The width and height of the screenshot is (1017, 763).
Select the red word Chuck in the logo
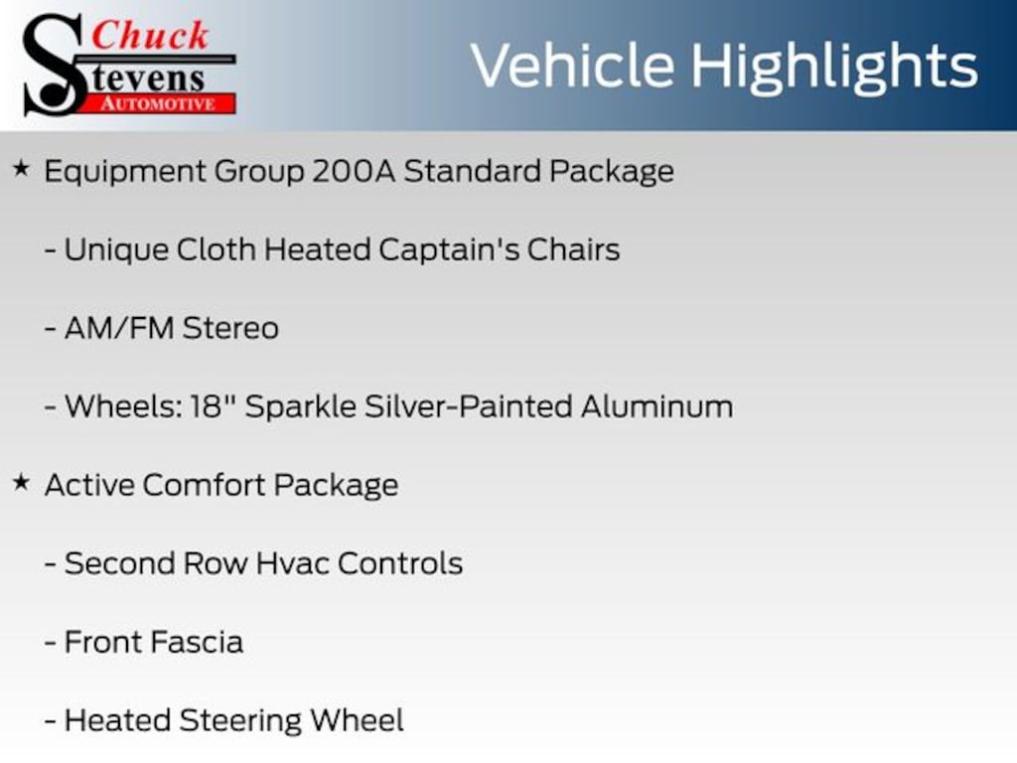coord(151,36)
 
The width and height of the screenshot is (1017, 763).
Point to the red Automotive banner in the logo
coord(165,103)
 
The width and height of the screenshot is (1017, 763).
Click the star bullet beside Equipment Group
coord(21,169)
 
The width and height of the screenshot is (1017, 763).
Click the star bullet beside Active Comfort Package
coord(21,484)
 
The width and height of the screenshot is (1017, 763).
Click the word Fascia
coord(198,642)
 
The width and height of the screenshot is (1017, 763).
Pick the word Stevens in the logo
coord(149,77)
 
